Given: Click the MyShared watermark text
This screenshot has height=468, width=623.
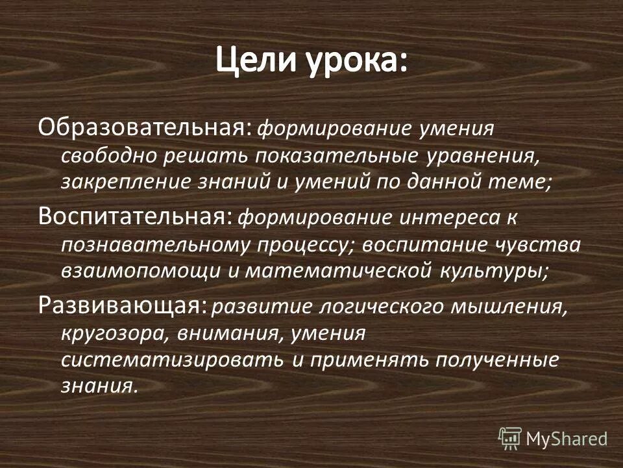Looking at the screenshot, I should (567, 438).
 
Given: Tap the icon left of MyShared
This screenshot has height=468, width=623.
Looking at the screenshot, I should (510, 438).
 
